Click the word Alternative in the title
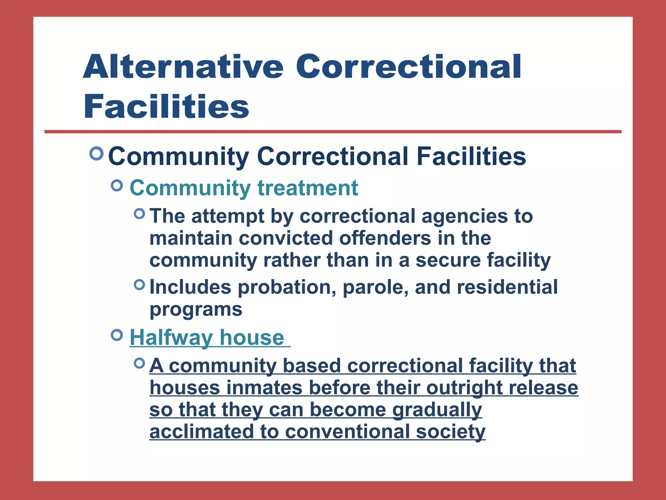[x=183, y=67]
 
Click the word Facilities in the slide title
[x=166, y=107]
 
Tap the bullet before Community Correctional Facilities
[x=96, y=153]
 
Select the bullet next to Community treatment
[x=117, y=186]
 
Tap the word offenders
[x=385, y=238]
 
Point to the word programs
[x=196, y=310]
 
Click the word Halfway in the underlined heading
[x=171, y=338]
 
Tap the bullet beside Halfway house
[x=117, y=335]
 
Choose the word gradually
[x=437, y=410]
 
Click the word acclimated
[x=201, y=432]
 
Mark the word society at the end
[x=450, y=432]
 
